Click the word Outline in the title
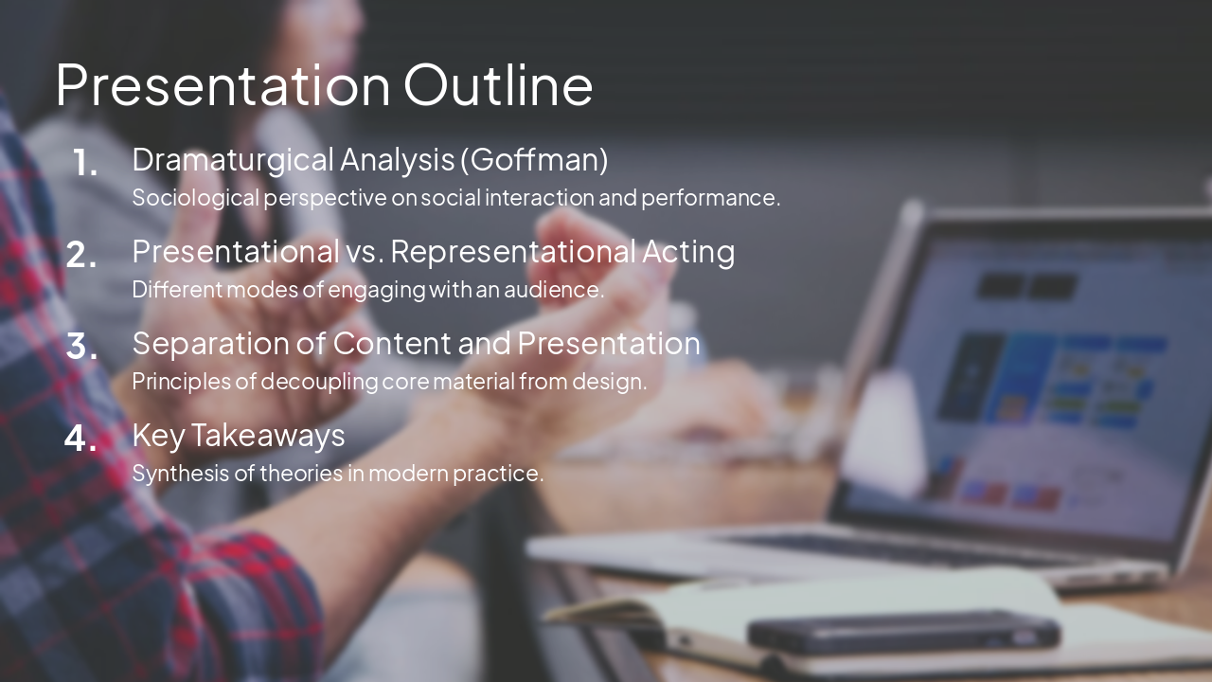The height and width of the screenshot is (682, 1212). [x=498, y=84]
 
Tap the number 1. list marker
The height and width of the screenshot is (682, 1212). [x=85, y=164]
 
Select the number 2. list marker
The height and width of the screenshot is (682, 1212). [x=81, y=255]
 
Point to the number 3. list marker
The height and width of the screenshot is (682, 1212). [x=82, y=347]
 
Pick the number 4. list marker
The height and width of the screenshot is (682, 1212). [x=81, y=439]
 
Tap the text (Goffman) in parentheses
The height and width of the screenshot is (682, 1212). [x=534, y=159]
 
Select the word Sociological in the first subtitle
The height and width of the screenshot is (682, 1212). [x=195, y=198]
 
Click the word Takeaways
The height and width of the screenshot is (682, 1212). [x=268, y=435]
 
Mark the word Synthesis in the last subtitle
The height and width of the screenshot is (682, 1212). [x=173, y=473]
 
